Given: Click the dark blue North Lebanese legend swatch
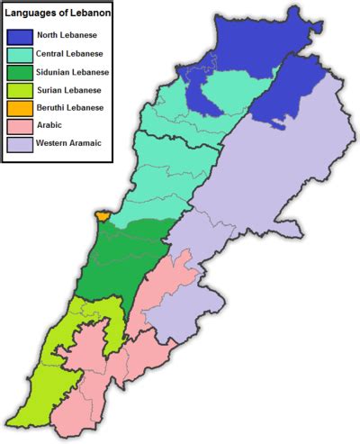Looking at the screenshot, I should (x=20, y=38).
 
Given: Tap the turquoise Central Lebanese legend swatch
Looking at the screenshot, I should (x=20, y=56).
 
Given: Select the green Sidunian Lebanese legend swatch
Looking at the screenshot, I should (x=20, y=73).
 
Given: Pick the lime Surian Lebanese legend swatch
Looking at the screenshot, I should (x=20, y=91).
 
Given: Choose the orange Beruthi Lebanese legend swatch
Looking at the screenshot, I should (x=20, y=108).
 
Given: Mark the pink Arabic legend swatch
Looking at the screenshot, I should (x=20, y=126).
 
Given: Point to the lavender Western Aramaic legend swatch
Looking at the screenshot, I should (x=20, y=143).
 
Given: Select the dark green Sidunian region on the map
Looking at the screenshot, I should (x=126, y=261).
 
